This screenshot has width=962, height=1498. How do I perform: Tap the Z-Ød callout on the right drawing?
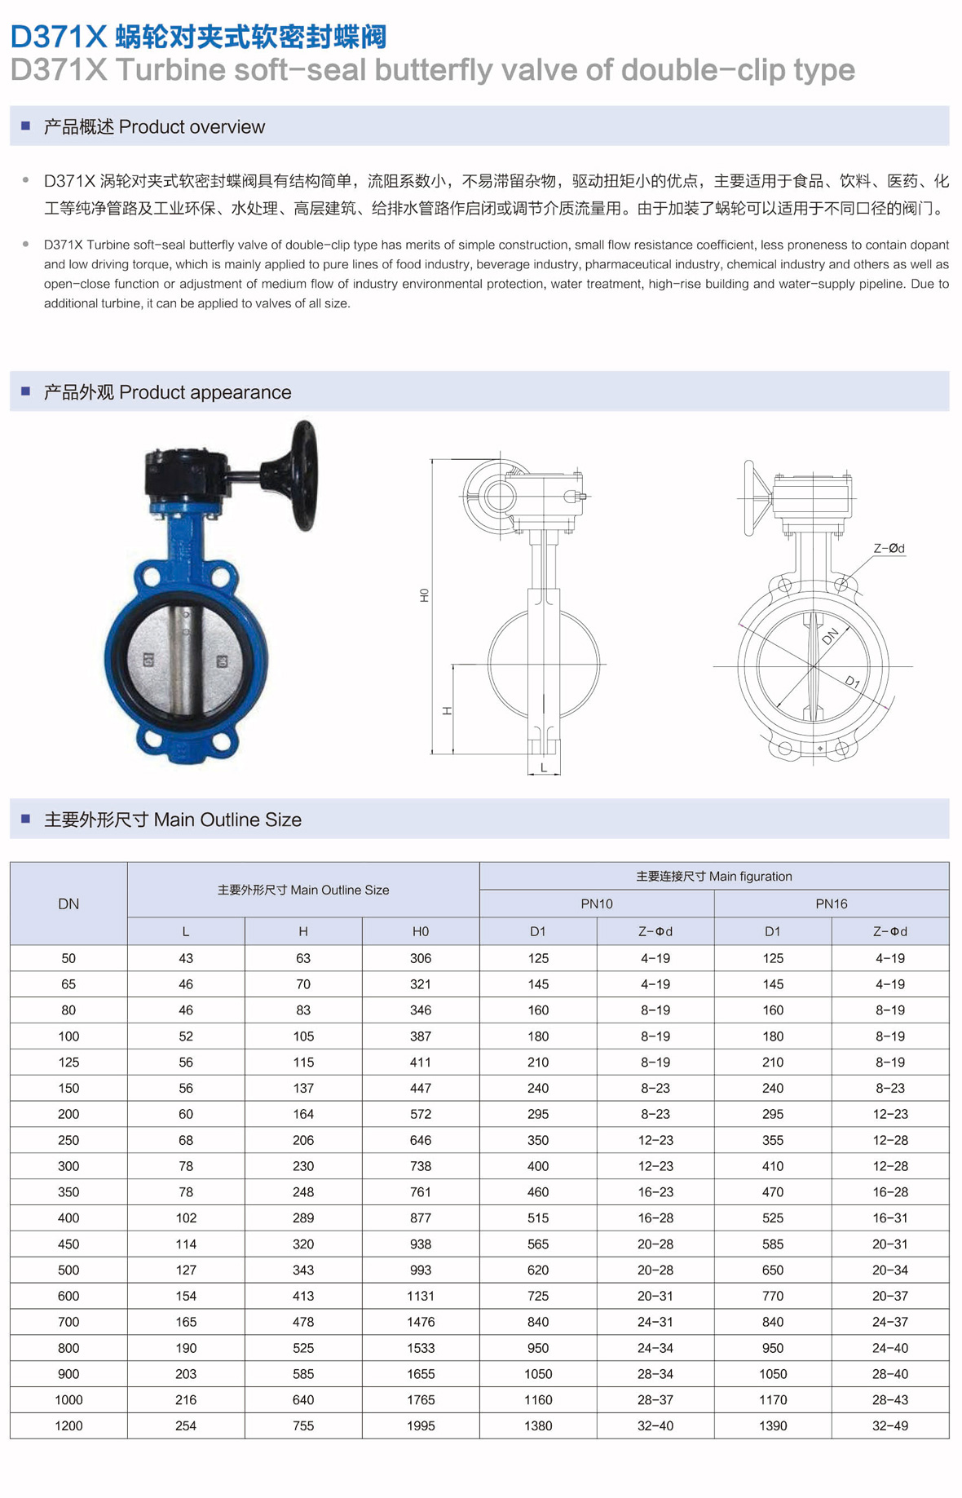point(889,549)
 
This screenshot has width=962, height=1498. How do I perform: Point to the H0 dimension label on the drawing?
point(424,595)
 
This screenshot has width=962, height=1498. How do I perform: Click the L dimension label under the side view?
point(544,767)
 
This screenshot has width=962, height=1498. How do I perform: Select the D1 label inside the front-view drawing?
point(852,681)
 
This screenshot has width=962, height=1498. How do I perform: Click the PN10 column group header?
point(597,904)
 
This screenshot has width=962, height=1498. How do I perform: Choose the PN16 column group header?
point(831,904)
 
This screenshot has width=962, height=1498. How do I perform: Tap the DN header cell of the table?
point(68,904)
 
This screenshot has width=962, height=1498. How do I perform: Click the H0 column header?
point(420,931)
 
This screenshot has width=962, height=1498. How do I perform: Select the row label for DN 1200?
point(68,1425)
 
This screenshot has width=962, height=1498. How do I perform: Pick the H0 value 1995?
point(420,1425)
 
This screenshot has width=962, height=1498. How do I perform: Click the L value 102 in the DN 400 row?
point(186,1217)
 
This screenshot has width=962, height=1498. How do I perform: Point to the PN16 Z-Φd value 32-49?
point(889,1425)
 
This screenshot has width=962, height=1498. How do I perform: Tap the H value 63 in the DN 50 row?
point(303,958)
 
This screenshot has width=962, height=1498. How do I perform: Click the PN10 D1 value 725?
point(538,1296)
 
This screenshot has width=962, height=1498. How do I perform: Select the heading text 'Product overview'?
point(192,127)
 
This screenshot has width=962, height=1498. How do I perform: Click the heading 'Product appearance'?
point(205,392)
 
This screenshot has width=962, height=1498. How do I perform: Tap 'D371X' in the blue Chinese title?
point(59,37)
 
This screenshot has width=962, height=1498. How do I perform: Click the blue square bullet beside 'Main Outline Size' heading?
point(25,819)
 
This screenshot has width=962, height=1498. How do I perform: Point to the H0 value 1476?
point(420,1322)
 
